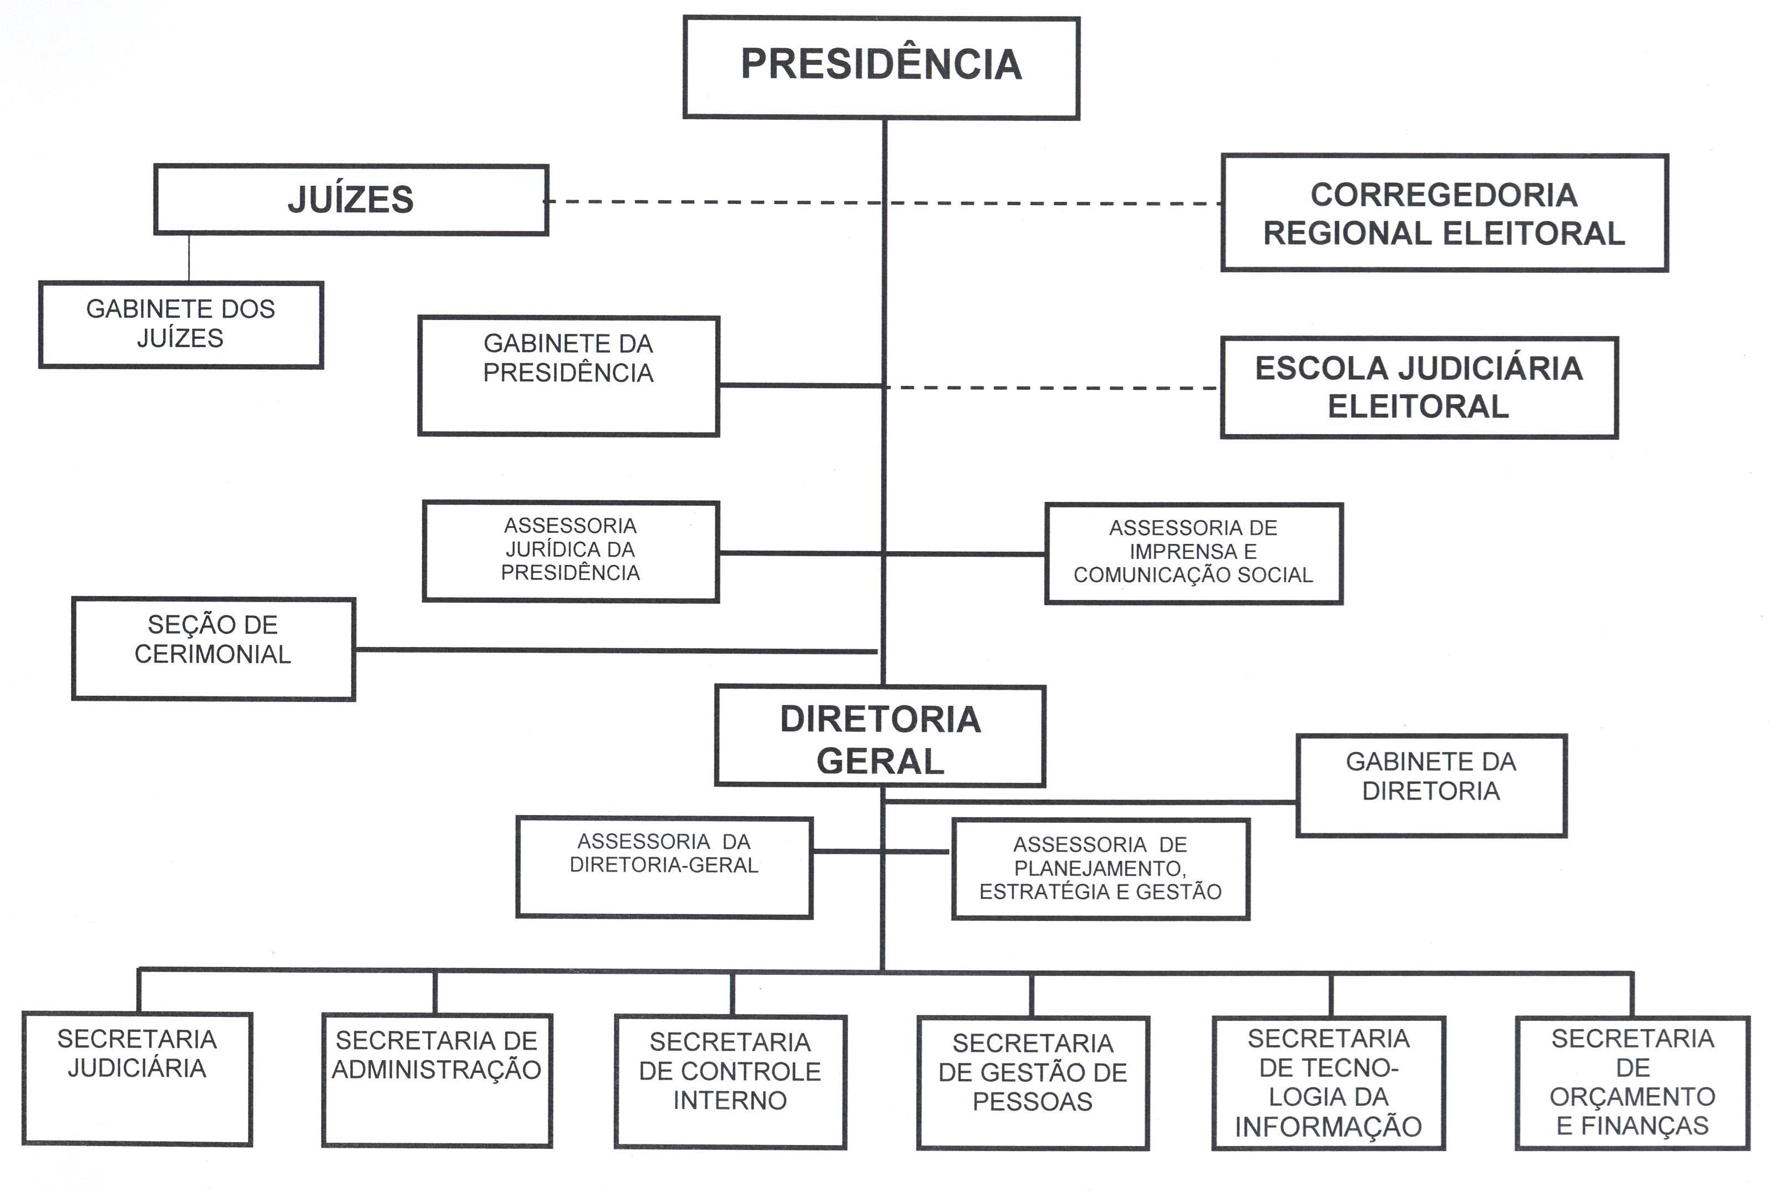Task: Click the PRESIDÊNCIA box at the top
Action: [881, 67]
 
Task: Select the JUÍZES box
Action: [351, 200]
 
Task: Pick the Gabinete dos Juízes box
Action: [181, 324]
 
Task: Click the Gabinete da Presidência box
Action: [568, 375]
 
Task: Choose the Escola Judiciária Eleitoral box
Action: [1419, 388]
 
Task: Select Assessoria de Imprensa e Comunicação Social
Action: [1193, 553]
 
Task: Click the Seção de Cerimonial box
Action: [213, 648]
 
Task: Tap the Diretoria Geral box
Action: [880, 736]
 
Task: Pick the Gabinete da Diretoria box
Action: [1431, 785]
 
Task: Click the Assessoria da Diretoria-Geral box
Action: [664, 867]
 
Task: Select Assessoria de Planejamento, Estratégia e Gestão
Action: [1101, 869]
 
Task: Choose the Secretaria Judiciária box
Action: [137, 1078]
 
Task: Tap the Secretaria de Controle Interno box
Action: [730, 1081]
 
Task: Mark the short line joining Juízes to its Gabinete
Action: [189, 258]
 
